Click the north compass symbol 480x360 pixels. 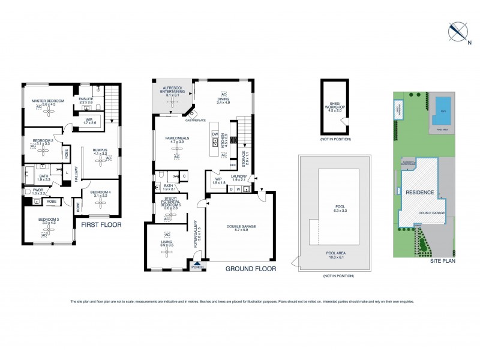pyautogui.click(x=457, y=31)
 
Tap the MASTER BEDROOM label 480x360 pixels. pyautogui.click(x=48, y=100)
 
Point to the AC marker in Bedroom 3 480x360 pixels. pyautogui.click(x=44, y=235)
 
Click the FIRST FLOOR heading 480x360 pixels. pyautogui.click(x=97, y=225)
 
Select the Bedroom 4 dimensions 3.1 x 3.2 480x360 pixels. pyautogui.click(x=100, y=196)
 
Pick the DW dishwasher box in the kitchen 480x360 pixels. pyautogui.click(x=214, y=134)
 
